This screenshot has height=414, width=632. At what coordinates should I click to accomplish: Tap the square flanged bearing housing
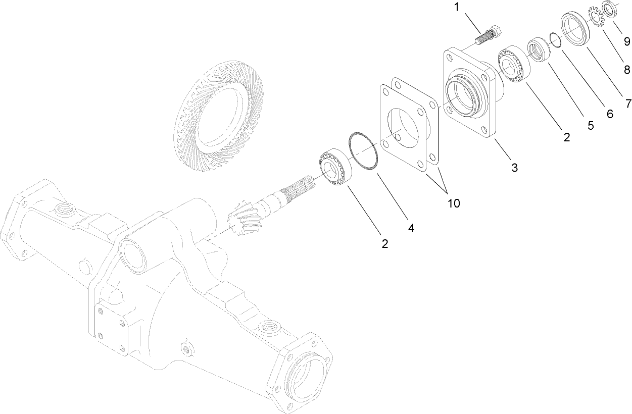tap(467, 94)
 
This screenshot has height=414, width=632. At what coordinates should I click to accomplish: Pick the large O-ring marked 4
tap(363, 151)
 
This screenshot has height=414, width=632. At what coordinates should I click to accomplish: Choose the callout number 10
tap(453, 203)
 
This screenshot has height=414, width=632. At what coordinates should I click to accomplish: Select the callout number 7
tap(628, 103)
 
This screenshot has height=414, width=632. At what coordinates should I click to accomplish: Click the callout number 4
tap(411, 228)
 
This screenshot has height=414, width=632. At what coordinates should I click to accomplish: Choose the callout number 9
tap(626, 41)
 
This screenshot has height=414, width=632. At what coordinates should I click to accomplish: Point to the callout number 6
tap(609, 114)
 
